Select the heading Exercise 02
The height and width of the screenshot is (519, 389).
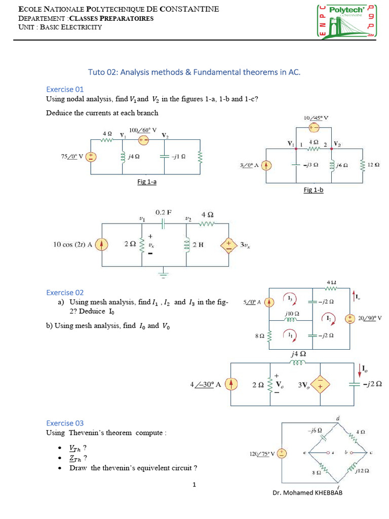pyautogui.click(x=65, y=292)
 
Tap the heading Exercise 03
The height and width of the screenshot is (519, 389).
pyautogui.click(x=65, y=423)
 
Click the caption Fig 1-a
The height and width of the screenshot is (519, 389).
pyautogui.click(x=147, y=181)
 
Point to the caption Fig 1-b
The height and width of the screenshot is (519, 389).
pyautogui.click(x=314, y=190)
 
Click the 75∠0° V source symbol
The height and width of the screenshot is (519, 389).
pyautogui.click(x=92, y=157)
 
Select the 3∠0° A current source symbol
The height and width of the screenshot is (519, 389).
pyautogui.click(x=267, y=166)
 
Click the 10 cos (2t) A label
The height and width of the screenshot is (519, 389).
pyautogui.click(x=73, y=245)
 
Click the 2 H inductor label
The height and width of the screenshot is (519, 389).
pyautogui.click(x=198, y=245)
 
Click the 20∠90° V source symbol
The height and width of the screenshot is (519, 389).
pyautogui.click(x=349, y=318)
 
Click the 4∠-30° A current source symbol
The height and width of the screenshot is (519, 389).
pyautogui.click(x=231, y=384)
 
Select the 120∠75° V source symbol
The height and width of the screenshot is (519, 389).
pyautogui.click(x=282, y=454)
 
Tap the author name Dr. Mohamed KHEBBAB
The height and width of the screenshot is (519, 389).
pyautogui.click(x=307, y=493)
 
